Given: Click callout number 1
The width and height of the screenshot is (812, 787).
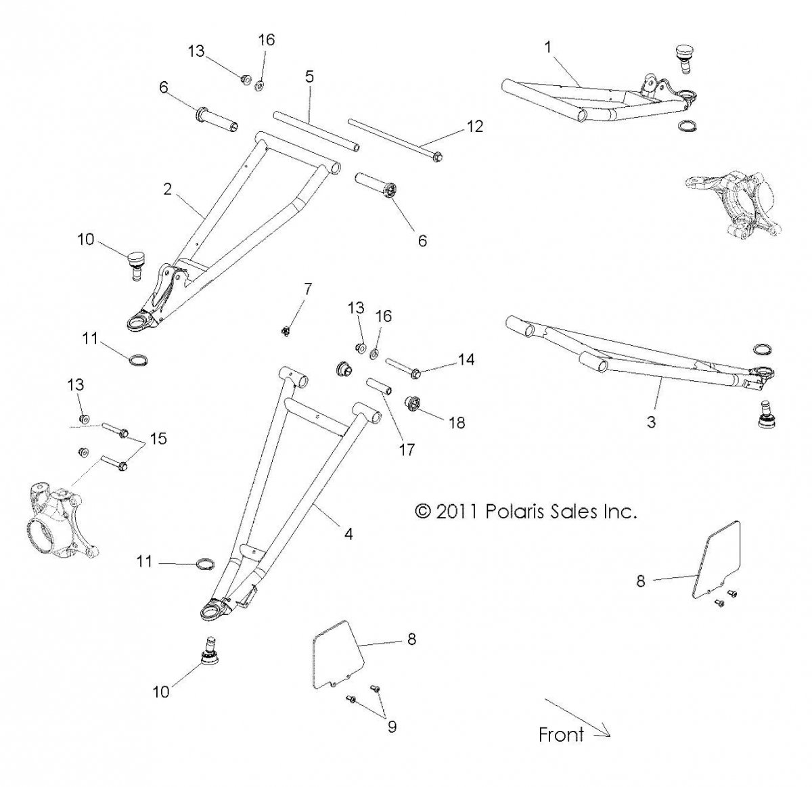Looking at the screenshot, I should coord(547,47).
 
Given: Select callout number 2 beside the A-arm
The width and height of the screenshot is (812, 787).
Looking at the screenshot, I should coord(167,190).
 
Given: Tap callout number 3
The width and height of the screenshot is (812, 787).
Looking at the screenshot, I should coord(651,422).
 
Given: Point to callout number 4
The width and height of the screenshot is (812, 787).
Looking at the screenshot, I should coord(348,534).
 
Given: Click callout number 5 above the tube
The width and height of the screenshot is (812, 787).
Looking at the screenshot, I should coord(309,76).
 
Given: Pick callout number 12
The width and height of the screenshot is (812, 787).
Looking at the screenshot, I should coord(476,126).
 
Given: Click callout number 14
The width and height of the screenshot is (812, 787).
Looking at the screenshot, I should coord(466,359).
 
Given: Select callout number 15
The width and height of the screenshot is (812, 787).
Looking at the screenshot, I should coord(158,439).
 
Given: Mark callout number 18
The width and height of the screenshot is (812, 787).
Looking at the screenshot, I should coord(457,422).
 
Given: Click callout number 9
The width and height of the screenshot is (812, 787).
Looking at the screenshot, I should coord(392,727).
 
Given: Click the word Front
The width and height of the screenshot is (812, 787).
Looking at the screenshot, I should coord(561,734).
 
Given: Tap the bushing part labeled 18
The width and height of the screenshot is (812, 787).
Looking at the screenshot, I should coord(413,405).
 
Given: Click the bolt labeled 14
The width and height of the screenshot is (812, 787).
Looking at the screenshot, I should coord(404,368).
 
